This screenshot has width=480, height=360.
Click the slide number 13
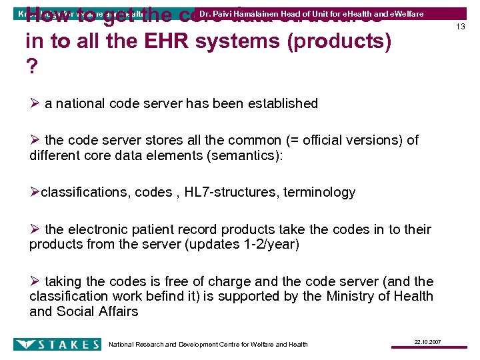pyautogui.click(x=460, y=26)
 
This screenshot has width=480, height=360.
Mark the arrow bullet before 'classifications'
pyautogui.click(x=35, y=193)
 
